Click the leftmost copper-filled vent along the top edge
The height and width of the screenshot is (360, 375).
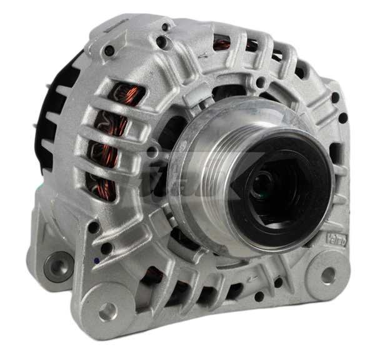tap(222, 44)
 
